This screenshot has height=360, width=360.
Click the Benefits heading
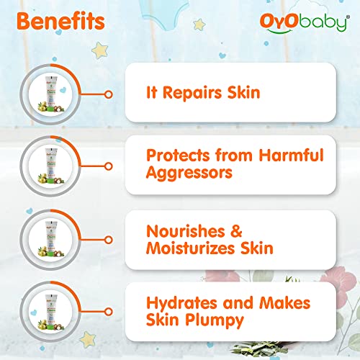click(x=60, y=22)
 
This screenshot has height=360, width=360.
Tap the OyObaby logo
click(x=305, y=23)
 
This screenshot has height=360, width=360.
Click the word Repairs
click(x=192, y=93)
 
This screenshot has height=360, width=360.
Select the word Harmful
click(x=292, y=155)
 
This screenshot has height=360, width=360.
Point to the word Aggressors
click(x=189, y=174)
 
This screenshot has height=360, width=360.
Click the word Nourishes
click(x=186, y=231)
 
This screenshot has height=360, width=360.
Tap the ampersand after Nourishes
click(x=236, y=231)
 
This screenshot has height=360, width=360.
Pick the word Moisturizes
click(x=190, y=248)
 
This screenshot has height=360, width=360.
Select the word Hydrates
click(x=181, y=303)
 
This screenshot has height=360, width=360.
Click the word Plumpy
click(x=215, y=321)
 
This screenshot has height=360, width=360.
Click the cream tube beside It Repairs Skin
click(x=51, y=94)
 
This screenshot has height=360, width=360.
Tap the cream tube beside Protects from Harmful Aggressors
click(x=51, y=166)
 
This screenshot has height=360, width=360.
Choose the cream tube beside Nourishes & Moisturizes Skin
click(x=51, y=239)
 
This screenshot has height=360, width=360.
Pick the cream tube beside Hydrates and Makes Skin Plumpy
click(x=51, y=312)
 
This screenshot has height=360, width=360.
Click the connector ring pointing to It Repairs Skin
click(x=109, y=94)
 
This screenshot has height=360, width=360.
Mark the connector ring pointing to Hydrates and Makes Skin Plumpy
click(x=109, y=312)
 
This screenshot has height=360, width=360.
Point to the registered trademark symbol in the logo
click(x=348, y=17)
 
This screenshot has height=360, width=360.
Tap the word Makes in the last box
click(x=285, y=303)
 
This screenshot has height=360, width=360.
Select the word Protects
click(x=178, y=156)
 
